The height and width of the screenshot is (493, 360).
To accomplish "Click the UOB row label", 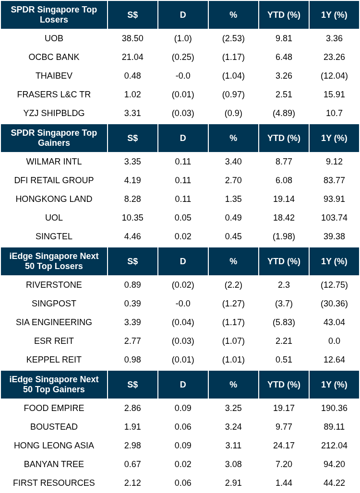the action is (54, 38).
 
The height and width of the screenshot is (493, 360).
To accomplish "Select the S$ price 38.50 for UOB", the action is (132, 38).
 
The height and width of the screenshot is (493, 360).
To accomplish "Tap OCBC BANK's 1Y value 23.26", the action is (334, 57).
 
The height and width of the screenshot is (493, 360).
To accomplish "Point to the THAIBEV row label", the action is (54, 76).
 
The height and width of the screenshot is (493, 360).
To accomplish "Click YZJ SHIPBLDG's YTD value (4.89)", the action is (284, 113).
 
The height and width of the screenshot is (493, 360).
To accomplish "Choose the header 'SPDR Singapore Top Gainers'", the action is (54, 138).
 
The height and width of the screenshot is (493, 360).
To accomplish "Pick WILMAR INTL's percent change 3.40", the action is (233, 162).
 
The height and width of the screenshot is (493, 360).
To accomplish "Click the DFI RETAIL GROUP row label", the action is (54, 180).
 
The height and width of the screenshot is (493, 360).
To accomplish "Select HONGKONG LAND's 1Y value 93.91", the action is (334, 199).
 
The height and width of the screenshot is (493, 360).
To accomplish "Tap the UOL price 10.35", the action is (132, 218).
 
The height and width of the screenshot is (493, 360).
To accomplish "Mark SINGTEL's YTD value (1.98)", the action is (284, 236).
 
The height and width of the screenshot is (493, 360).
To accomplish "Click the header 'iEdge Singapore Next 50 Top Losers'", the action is (54, 261).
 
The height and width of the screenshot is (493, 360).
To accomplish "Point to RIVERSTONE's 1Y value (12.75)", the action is (334, 285).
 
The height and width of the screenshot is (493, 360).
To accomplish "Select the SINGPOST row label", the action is (54, 304).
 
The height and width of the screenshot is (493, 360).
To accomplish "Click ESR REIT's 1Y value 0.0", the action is (334, 341).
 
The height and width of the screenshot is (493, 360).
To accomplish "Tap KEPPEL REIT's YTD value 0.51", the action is (284, 360).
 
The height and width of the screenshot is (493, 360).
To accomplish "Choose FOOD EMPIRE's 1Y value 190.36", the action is (334, 408).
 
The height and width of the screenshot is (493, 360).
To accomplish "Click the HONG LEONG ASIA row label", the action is (54, 446).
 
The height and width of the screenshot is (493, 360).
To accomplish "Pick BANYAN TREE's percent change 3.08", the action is (233, 464).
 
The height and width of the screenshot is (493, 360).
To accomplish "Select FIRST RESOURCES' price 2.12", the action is (132, 483).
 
